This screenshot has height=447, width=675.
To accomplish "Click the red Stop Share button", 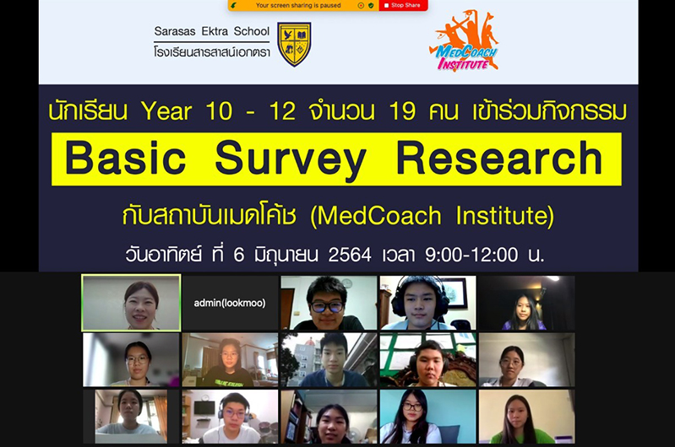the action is pos(403,6).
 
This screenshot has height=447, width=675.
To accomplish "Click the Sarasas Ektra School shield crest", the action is pos(294,44).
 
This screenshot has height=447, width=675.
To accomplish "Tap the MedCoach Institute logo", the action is pos(464,41).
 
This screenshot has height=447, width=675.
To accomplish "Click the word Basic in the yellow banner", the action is pos(126,159).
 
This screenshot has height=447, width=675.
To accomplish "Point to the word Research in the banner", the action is pos(499,159).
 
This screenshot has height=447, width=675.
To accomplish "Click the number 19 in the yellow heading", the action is pos(402,111).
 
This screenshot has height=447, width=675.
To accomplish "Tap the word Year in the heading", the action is pos(166,111).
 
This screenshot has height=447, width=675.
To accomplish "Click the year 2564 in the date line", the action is pos(350,255).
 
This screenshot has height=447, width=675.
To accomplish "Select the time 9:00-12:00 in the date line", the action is pos(471,255).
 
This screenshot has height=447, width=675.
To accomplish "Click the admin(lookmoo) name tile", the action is pos(230,303).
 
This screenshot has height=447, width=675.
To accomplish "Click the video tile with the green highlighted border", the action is pos(131,303).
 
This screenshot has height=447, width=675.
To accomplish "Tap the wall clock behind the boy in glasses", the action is pos(347,283).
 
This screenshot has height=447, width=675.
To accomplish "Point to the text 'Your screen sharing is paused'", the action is pos(298,6).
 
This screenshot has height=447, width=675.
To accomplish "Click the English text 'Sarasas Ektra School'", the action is pos(212,31).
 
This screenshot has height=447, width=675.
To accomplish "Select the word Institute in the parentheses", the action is pos(502,215).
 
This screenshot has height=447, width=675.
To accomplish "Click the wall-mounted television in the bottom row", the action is pos(204,407).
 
